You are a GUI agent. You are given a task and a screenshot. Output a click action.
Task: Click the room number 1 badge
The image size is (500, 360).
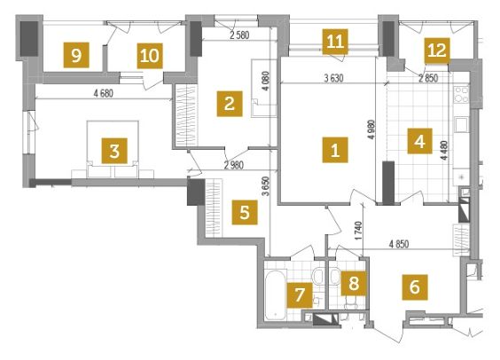(335, 150)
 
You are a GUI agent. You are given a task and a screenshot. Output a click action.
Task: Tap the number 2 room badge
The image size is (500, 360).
(230, 104)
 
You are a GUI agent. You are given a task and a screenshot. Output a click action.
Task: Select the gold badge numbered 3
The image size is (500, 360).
(114, 151)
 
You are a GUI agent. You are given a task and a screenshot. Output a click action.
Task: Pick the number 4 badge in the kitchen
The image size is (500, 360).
(420, 141)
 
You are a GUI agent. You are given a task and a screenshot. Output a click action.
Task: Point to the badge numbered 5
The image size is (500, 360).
(245, 212)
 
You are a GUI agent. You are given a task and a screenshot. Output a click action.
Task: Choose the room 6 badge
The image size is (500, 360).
(415, 287)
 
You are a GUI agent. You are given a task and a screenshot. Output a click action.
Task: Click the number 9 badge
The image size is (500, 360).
(76, 55)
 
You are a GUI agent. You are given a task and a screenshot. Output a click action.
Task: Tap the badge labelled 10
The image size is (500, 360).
(150, 56)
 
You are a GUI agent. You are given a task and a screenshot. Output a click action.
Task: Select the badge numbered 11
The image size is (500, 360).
(335, 42)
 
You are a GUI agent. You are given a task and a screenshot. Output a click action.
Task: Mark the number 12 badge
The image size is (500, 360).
(437, 51)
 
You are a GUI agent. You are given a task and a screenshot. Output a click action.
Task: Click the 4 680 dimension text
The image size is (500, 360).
(104, 93)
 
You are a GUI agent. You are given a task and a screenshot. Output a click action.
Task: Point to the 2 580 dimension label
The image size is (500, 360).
(239, 35)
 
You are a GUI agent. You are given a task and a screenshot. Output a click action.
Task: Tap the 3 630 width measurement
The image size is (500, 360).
(333, 78)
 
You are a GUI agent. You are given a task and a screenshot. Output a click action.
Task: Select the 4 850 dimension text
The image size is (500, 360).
(399, 244)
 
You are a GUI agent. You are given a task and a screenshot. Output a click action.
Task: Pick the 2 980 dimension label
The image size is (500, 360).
(234, 165)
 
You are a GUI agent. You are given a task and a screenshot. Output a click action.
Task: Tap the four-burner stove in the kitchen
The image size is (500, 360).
(461, 94)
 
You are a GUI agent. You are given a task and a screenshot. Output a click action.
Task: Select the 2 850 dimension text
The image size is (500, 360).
(428, 78)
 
